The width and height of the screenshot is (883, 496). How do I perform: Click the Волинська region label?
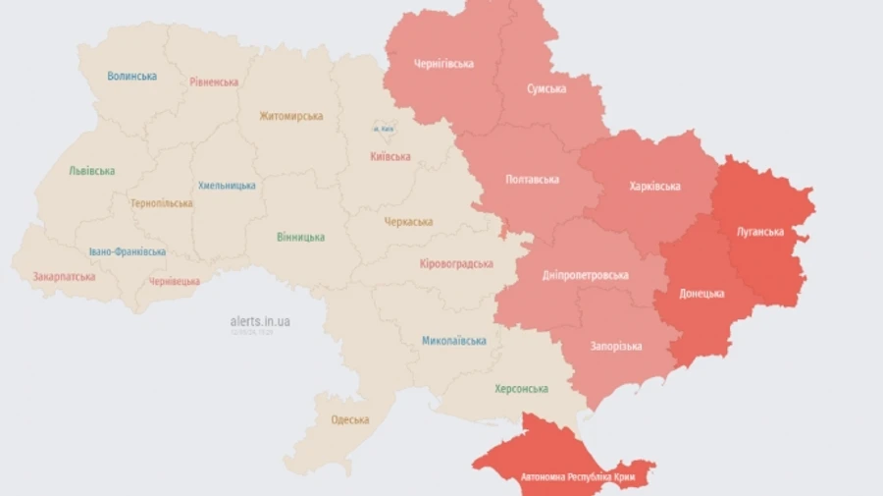pyautogui.click(x=132, y=76)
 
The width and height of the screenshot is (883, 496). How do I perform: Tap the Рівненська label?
pyautogui.click(x=214, y=82)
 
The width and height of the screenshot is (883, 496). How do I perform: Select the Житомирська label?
pyautogui.click(x=291, y=116)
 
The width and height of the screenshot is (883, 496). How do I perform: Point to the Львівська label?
pyautogui.click(x=91, y=171)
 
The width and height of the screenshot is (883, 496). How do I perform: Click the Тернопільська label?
pyautogui.click(x=162, y=203)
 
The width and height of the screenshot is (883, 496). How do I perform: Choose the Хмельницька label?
pyautogui.click(x=227, y=186)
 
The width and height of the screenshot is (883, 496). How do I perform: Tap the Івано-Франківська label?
pyautogui.click(x=127, y=251)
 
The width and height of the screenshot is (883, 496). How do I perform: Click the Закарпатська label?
pyautogui.click(x=64, y=277)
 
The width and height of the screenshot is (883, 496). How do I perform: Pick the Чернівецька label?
pyautogui.click(x=174, y=281)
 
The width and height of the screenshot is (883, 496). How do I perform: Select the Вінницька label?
pyautogui.click(x=300, y=237)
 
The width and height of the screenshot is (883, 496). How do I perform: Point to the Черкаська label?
pyautogui.click(x=408, y=222)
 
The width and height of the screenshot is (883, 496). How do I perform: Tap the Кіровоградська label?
pyautogui.click(x=455, y=263)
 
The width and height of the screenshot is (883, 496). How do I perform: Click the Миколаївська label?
pyautogui.click(x=454, y=341)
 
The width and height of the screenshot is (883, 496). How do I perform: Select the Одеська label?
pyautogui.click(x=350, y=419)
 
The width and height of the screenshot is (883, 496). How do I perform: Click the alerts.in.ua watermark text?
pyautogui.click(x=260, y=321)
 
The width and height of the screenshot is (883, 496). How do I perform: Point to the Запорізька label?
pyautogui.click(x=616, y=346)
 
